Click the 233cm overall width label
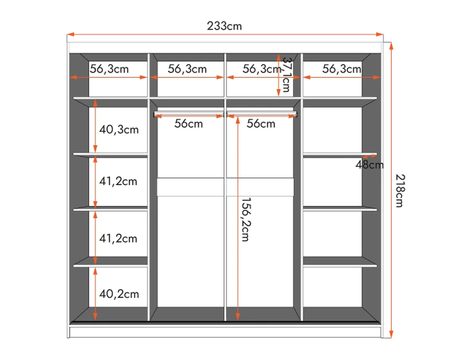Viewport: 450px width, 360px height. [x=224, y=26]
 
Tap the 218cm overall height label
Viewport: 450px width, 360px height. [x=400, y=190]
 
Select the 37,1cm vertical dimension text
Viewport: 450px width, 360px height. [x=286, y=75]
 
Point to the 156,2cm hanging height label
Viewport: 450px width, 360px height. [x=246, y=219]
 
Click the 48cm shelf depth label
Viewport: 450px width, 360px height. [x=369, y=165]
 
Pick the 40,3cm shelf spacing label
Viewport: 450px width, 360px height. [x=119, y=130]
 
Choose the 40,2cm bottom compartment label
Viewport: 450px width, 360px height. [x=119, y=294]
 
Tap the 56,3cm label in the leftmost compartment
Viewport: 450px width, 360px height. [x=109, y=69]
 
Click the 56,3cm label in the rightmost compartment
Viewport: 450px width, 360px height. [x=342, y=69]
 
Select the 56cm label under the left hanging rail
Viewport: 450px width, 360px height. [x=189, y=124]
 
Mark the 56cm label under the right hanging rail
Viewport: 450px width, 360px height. [x=261, y=124]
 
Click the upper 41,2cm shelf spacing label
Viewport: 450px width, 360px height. [x=118, y=181]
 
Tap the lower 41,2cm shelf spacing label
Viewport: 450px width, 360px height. [x=118, y=238]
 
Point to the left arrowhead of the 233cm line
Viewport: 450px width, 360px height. [x=70, y=34]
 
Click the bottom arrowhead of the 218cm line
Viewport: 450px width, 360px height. [x=391, y=334]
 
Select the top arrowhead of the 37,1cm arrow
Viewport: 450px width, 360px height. [x=279, y=58]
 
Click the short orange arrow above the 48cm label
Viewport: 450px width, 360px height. [x=369, y=156]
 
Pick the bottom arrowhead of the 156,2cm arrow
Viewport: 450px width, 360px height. [x=238, y=317]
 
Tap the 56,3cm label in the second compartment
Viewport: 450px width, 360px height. [x=187, y=69]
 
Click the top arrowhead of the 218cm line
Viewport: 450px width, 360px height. [x=391, y=46]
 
